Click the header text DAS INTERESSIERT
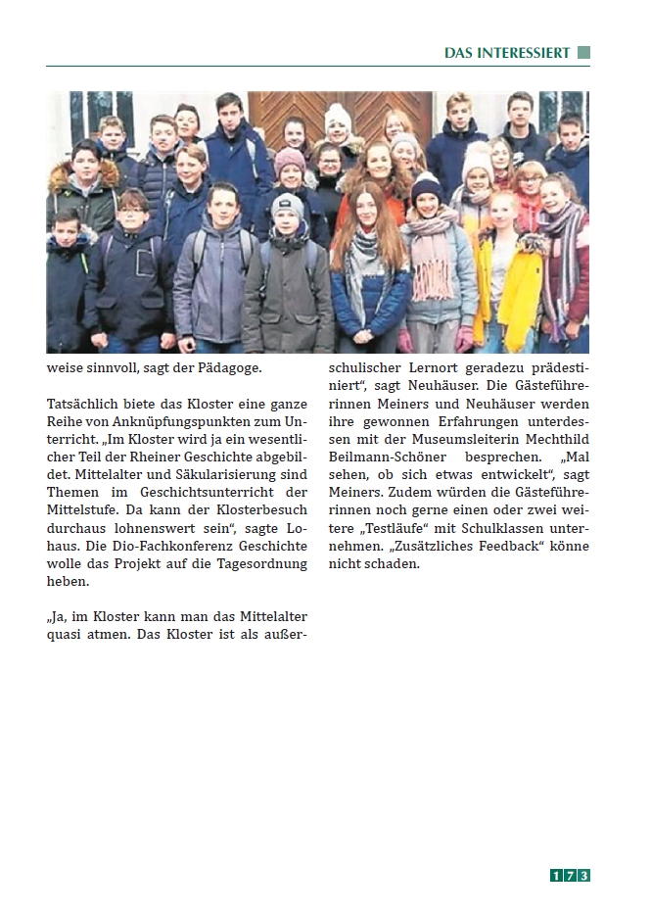coord(506,53)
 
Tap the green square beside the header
coord(583,53)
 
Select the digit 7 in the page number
coord(569,876)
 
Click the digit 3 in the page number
coord(582,876)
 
